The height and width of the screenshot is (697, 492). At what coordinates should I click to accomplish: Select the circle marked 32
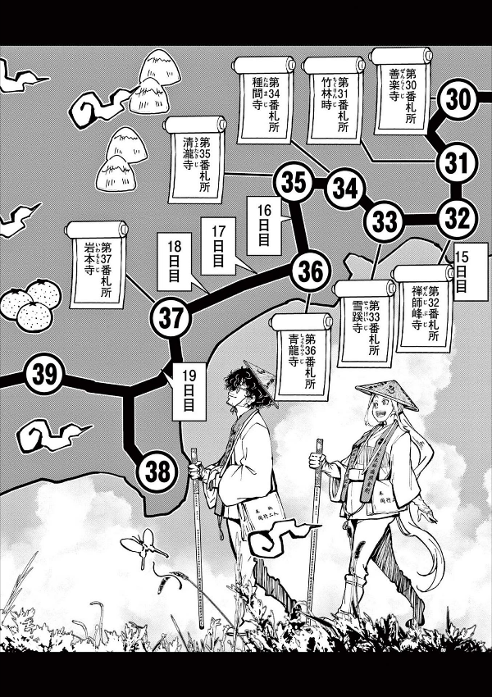coord(457,218)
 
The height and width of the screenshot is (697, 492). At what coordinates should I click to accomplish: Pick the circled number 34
coord(345,189)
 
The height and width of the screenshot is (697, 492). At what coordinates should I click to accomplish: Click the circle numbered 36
coord(310,271)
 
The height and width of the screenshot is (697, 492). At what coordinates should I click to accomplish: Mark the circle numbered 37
coord(171,316)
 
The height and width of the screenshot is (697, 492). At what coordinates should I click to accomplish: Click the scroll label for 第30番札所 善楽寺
coord(401,90)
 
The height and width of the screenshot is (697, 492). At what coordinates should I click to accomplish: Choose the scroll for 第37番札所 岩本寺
coord(97,264)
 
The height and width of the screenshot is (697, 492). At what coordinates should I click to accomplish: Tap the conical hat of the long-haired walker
coord(386,395)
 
